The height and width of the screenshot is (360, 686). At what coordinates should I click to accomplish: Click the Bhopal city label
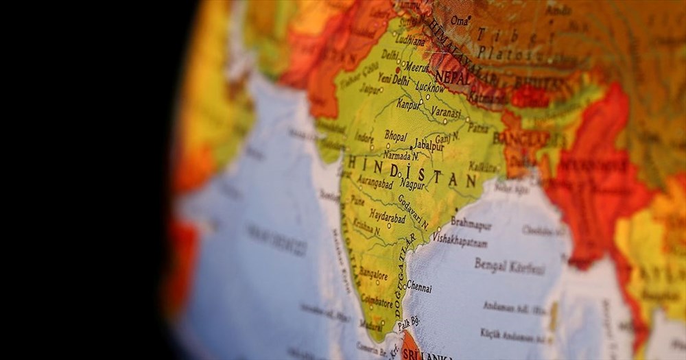coord(395,136)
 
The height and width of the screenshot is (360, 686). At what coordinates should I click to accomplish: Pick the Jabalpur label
coord(429,145)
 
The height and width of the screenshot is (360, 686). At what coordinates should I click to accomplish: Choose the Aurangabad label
coord(375,184)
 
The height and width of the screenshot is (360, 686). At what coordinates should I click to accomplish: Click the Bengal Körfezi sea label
coord(509,265)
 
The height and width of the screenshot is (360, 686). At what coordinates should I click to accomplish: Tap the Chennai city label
coord(418,287)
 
